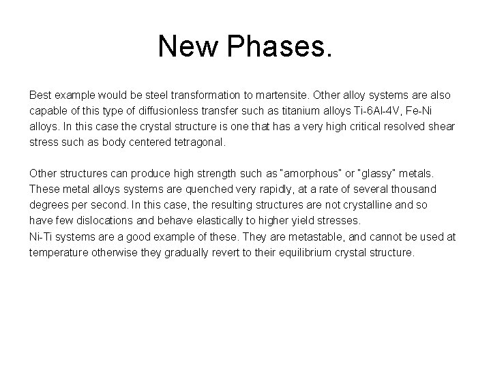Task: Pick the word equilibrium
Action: click(x=308, y=251)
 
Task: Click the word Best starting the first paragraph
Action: click(x=40, y=95)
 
